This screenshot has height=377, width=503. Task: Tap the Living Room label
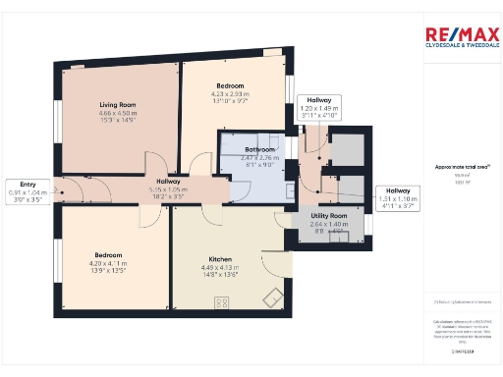click(x=117, y=104)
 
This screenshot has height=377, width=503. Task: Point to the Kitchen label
click(x=219, y=259)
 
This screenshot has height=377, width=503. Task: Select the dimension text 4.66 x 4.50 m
click(x=117, y=113)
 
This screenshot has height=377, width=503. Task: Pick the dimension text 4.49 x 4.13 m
click(x=219, y=268)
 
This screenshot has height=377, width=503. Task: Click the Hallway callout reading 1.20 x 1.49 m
click(x=318, y=108)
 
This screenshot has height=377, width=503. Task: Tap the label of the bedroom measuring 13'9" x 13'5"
click(x=108, y=255)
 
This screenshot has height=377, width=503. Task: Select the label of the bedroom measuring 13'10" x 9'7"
click(x=230, y=86)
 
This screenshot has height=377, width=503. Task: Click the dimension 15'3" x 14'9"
click(x=117, y=121)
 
